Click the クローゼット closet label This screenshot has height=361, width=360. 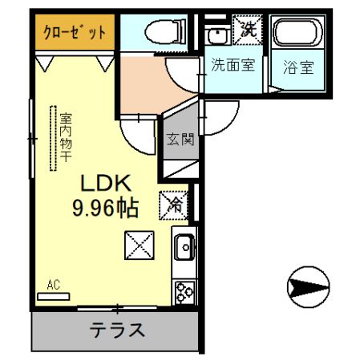pyautogui.click(x=75, y=34)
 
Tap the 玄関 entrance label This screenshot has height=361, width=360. pyautogui.click(x=180, y=140)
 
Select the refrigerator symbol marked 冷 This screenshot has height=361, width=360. pyautogui.click(x=175, y=204)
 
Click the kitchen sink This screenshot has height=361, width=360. pyautogui.click(x=184, y=247)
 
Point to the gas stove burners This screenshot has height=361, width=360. pyautogui.click(x=184, y=290)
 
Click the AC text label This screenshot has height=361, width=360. pyautogui.click(x=54, y=284)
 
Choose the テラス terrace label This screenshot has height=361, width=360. pyautogui.click(x=117, y=330)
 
